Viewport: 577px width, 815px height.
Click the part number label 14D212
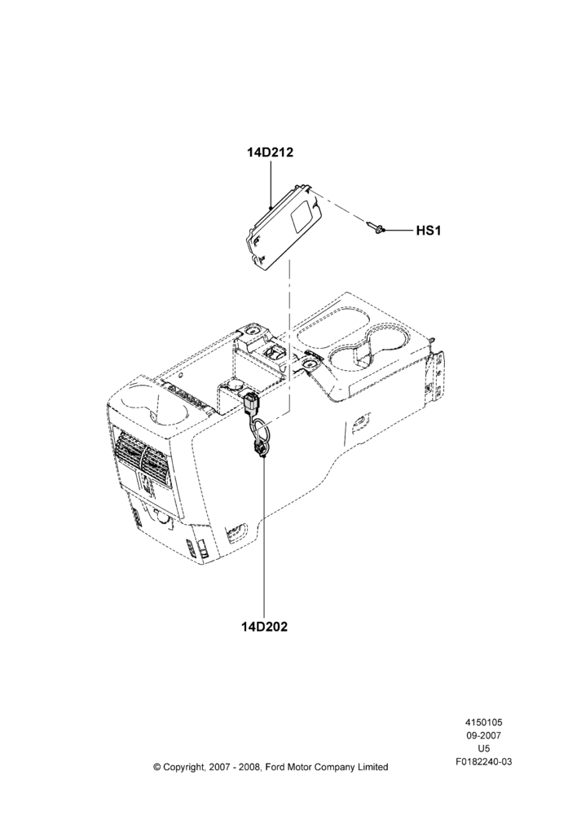[270, 152]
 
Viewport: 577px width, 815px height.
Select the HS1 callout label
[429, 231]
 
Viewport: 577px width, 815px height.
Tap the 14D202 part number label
[264, 626]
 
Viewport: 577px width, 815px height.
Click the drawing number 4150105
[483, 722]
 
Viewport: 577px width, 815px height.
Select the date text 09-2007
[483, 735]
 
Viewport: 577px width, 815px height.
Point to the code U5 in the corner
[483, 749]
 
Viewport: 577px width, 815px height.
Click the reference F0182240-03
[483, 762]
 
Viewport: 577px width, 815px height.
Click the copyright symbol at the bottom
[157, 767]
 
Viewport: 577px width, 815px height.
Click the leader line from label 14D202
[263, 536]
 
